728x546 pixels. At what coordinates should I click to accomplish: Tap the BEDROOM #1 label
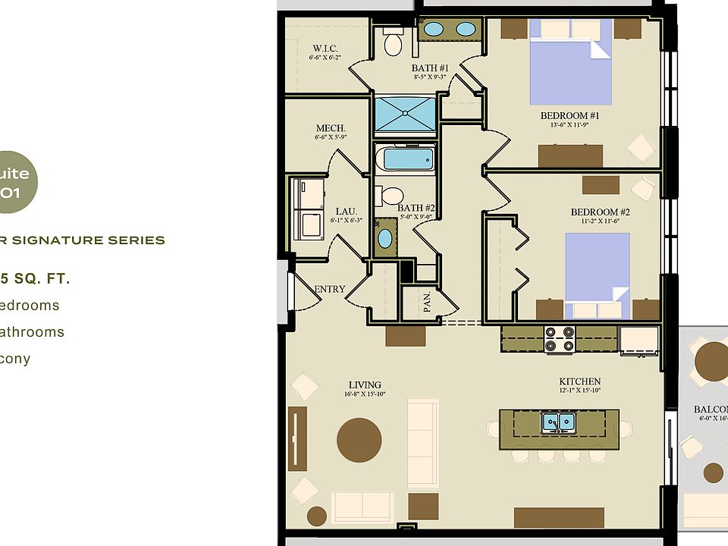(570, 116)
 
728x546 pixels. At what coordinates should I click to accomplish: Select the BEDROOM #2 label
(600, 212)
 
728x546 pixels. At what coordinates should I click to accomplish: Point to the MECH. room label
(331, 129)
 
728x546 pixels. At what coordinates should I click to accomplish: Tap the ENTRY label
(330, 289)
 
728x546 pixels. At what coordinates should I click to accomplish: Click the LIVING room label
(365, 384)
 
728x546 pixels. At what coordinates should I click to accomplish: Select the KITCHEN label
(580, 381)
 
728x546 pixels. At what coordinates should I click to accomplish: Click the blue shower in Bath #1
(405, 115)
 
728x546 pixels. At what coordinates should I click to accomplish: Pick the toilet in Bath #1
(393, 42)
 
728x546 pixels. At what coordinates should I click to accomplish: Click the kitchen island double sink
(559, 422)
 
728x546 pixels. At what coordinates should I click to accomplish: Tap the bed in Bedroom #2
(598, 269)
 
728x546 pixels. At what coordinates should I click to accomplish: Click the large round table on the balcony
(713, 360)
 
